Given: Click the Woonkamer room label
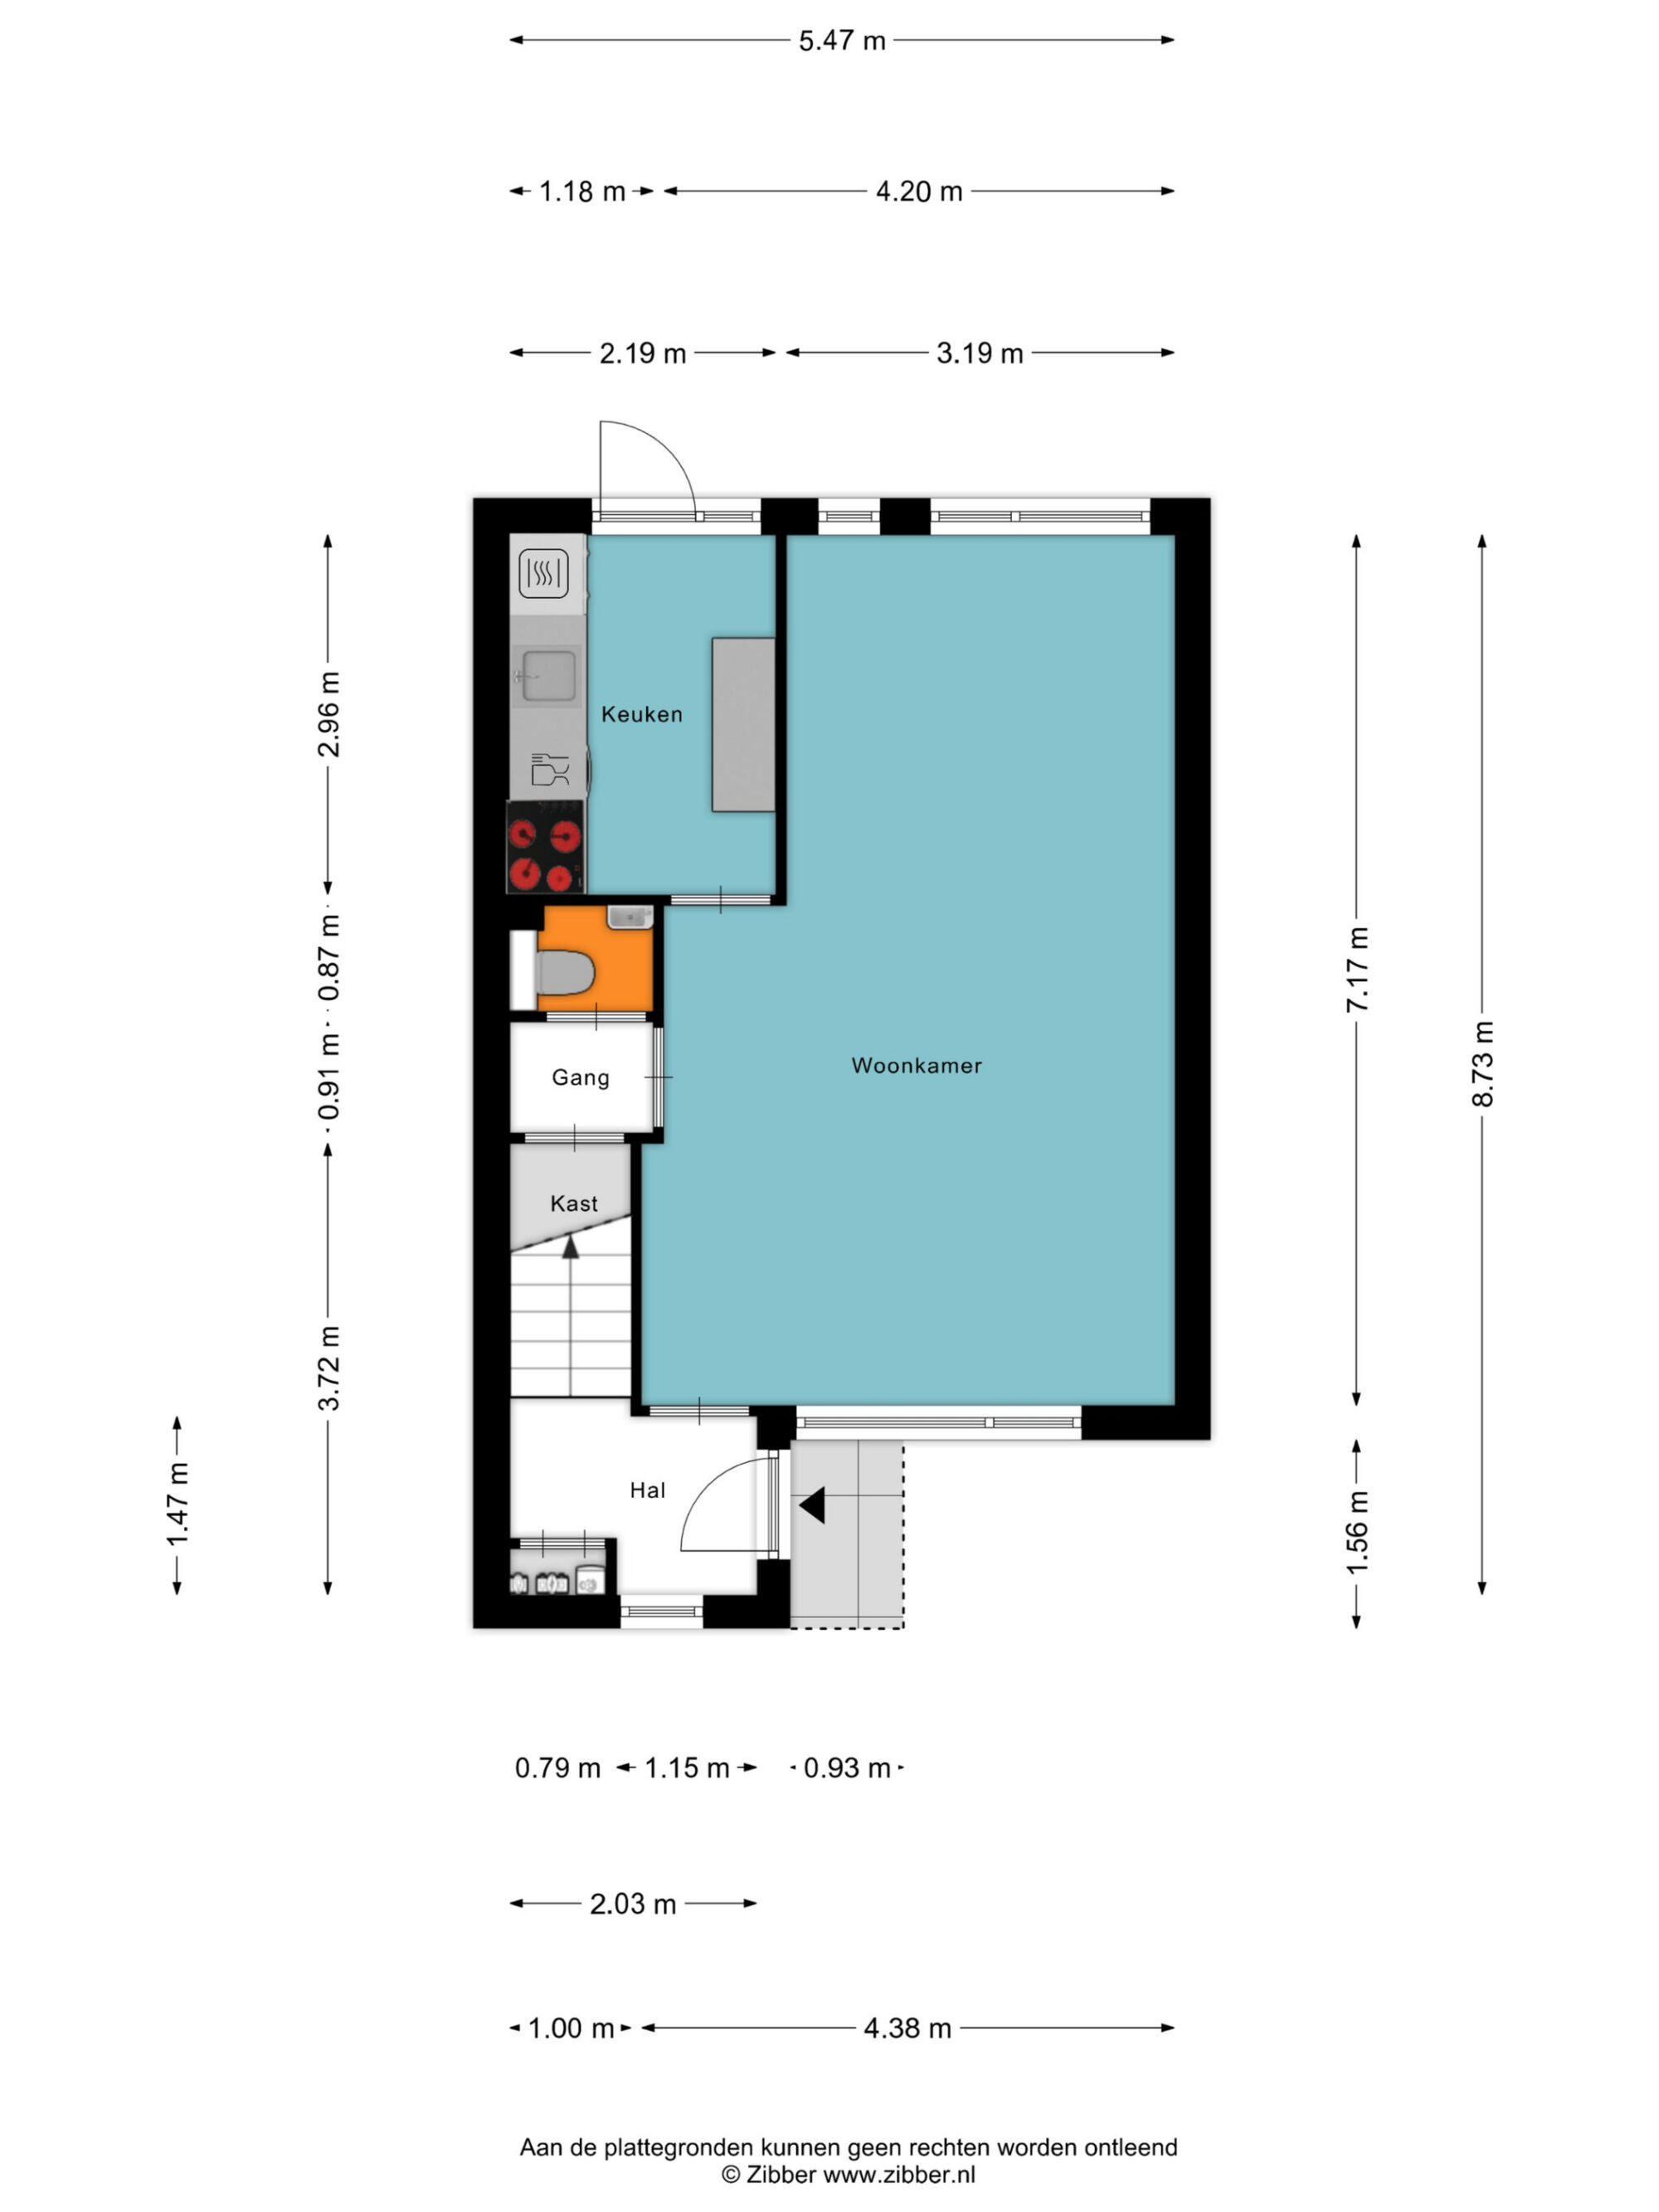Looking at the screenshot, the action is point(916,1066).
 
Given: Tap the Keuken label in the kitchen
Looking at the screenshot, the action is point(642,714).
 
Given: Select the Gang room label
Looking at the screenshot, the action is point(580,1078).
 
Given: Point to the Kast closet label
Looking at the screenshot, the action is point(574,1204).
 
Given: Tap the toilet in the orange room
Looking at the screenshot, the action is point(565,972).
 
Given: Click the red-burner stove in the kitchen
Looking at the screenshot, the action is point(546,846).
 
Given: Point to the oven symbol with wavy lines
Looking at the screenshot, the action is point(544,574).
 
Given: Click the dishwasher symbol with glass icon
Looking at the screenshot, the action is point(549,769).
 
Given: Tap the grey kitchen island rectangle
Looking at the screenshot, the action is point(743,724).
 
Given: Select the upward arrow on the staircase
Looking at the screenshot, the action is point(570,1246).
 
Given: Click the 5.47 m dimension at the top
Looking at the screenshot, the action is point(842,41).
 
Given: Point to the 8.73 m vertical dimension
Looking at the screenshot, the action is point(1482,1064).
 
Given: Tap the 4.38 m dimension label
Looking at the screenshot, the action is point(907,2028).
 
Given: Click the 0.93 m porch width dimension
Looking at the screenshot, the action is point(847,1768).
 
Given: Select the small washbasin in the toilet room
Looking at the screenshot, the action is point(630,917).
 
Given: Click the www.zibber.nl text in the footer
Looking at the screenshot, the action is point(899,2174).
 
